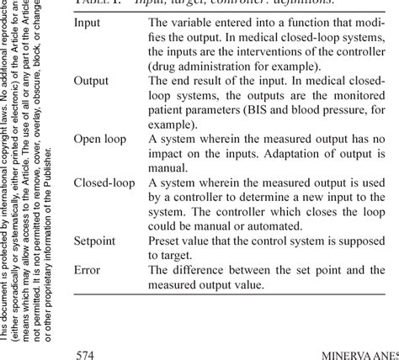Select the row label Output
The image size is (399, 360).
tap(91, 81)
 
